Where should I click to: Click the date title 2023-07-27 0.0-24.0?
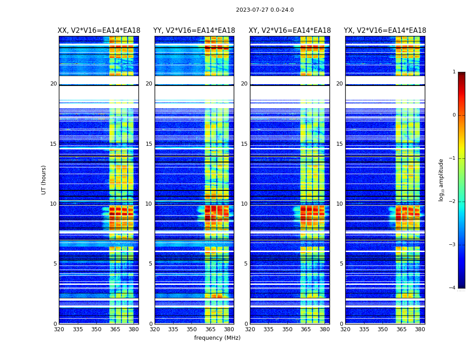[x=265, y=10]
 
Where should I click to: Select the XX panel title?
[x=99, y=31]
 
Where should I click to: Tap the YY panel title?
[x=194, y=31]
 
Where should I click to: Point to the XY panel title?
[x=290, y=31]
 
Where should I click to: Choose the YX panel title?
[x=385, y=31]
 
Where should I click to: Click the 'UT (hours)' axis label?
[x=44, y=180]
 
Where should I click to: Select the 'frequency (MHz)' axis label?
[x=217, y=338]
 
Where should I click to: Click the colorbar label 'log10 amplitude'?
[x=441, y=180]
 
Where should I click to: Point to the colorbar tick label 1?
[x=454, y=72]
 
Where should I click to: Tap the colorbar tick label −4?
[x=453, y=288]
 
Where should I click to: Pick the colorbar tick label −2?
[x=453, y=202]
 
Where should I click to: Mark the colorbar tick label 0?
[x=454, y=115]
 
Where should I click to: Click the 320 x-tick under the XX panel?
[x=59, y=329]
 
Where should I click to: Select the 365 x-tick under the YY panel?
[x=210, y=329]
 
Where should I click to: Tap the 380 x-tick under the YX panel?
[x=420, y=329]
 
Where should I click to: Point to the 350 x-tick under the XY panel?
[x=287, y=329]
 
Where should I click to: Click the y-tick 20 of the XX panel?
[x=53, y=84]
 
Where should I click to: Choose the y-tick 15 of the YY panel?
[x=149, y=144]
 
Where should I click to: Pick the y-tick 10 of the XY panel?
[x=244, y=204]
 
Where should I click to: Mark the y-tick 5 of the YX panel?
[x=341, y=264]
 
